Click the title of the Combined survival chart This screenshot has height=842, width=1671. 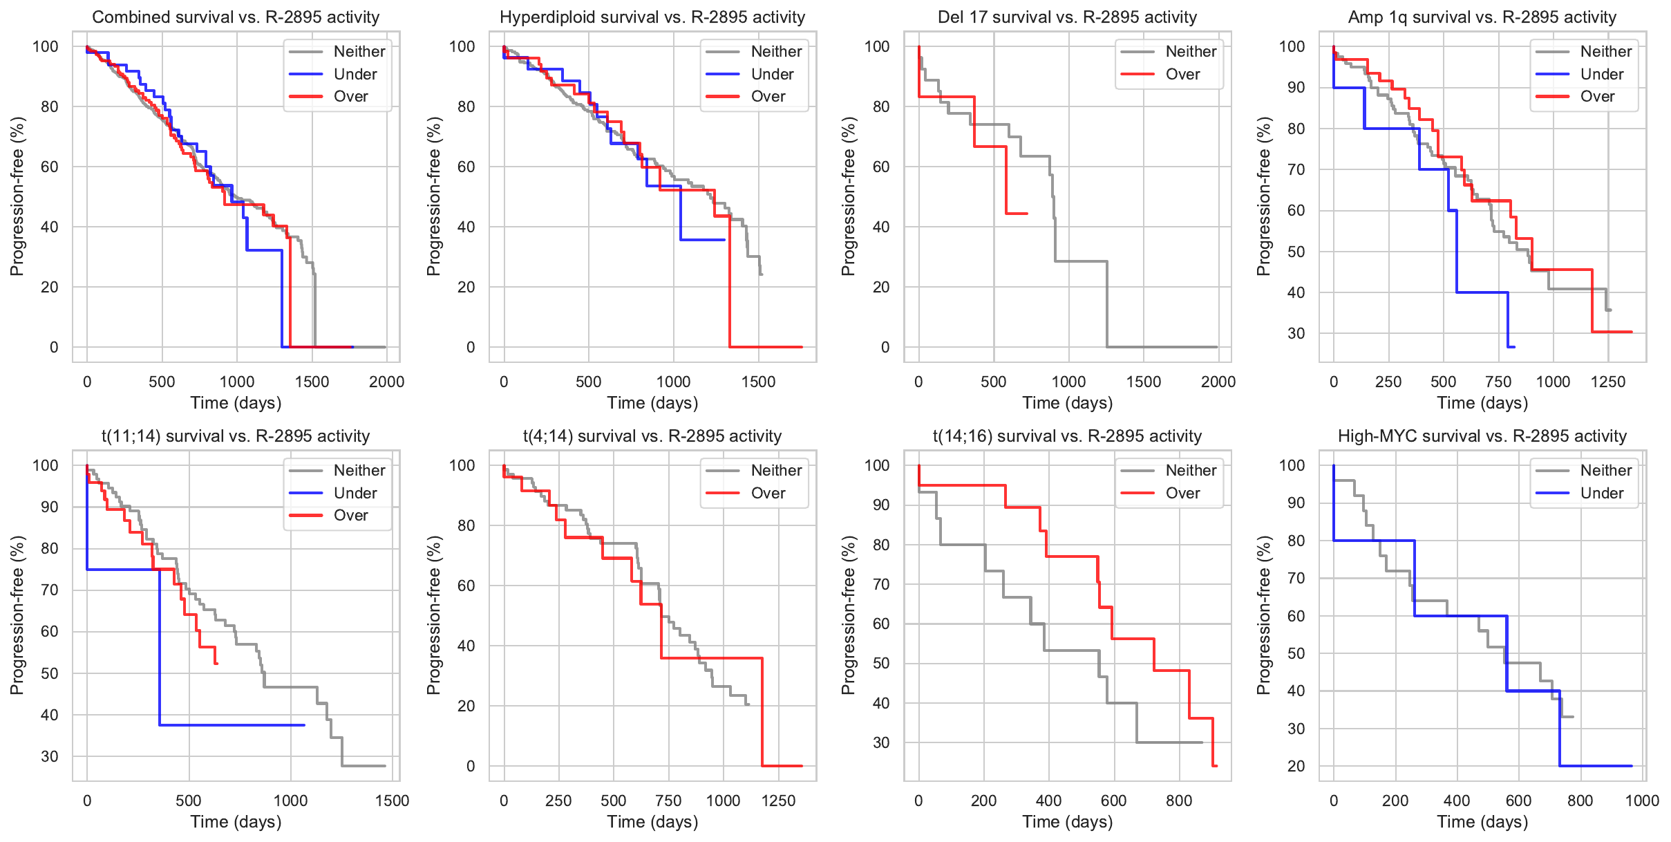click(236, 17)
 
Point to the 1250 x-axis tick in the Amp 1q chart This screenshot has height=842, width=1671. click(1607, 382)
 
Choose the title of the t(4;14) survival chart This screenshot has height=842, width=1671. click(652, 436)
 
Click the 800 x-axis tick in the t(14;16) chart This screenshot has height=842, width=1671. click(1178, 801)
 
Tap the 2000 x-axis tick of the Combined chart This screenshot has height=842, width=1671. click(386, 382)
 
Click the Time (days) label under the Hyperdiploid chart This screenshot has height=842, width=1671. click(652, 403)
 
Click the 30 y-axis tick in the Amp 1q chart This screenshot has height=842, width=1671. click(1296, 333)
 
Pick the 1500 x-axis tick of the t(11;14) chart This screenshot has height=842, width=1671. click(392, 801)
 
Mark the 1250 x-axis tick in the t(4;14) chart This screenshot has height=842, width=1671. click(778, 801)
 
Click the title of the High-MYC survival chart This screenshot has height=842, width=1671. click(1482, 436)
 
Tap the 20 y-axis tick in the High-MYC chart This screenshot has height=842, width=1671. click(1296, 766)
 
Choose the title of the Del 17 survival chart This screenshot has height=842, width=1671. click(1067, 17)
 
